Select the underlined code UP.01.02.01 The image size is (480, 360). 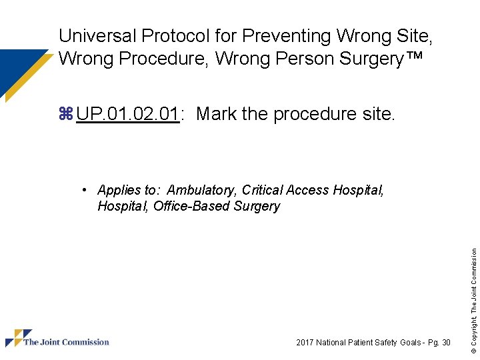(x=127, y=114)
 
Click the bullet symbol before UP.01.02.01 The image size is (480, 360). (x=65, y=114)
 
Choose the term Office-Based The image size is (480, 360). (x=191, y=206)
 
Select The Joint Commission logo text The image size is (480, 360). (x=66, y=343)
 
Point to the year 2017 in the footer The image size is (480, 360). (x=305, y=343)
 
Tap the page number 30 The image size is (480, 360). (x=446, y=343)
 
